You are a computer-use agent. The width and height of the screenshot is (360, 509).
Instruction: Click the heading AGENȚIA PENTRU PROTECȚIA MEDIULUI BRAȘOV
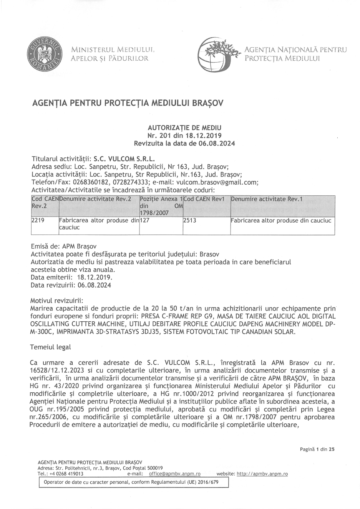click(x=127, y=103)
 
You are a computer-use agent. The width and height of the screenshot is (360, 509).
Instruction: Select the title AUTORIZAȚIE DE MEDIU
click(x=184, y=127)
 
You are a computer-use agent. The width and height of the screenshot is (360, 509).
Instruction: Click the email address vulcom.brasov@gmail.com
click(x=217, y=182)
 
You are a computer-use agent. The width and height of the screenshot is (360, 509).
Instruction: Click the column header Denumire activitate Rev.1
click(x=267, y=199)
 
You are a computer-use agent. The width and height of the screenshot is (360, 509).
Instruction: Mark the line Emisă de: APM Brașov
click(x=63, y=246)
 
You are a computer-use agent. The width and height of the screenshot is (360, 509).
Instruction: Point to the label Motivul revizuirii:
click(x=56, y=300)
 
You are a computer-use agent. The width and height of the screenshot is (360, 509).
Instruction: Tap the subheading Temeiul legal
click(x=50, y=347)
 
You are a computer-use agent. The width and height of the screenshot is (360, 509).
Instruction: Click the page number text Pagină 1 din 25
click(x=317, y=449)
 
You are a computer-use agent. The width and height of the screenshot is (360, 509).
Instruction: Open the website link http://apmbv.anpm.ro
click(x=262, y=474)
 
